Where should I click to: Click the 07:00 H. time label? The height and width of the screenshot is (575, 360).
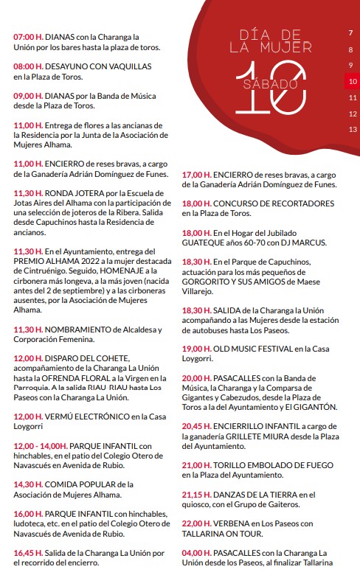point(28,35)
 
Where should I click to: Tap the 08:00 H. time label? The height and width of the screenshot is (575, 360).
point(28,66)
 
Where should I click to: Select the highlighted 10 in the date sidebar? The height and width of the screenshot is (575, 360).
point(353,81)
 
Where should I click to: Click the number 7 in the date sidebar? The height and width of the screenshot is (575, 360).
point(350,33)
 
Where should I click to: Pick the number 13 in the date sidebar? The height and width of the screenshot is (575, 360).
point(353,129)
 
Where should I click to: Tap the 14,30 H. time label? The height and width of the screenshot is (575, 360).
point(28,484)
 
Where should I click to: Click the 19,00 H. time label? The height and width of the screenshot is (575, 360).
point(197,348)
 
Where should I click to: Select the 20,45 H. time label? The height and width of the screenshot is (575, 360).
point(197,426)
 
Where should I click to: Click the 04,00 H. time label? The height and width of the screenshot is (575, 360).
point(197,552)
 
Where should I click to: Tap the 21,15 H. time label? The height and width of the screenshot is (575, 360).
point(197,495)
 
